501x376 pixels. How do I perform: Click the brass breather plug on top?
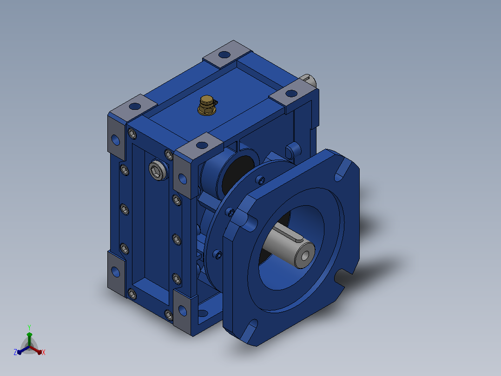(x=207, y=105)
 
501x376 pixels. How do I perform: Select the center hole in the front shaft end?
(x=305, y=255)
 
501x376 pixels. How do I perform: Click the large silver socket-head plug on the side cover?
(x=158, y=170)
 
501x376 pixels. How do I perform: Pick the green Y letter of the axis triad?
(x=29, y=327)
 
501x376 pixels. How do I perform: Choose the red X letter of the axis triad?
(x=44, y=352)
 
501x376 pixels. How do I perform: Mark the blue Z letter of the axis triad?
(x=15, y=352)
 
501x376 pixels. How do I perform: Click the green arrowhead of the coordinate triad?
(x=29, y=335)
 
